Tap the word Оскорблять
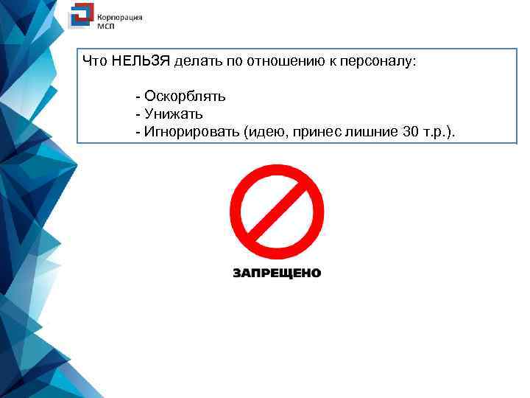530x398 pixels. [x=185, y=97]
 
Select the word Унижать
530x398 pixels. [x=174, y=114]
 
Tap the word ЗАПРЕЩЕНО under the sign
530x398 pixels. [x=277, y=273]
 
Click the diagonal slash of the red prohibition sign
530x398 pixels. [x=277, y=210]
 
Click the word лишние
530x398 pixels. [x=372, y=132]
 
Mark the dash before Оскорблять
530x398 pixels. [x=138, y=97]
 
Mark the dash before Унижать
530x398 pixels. [x=138, y=114]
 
